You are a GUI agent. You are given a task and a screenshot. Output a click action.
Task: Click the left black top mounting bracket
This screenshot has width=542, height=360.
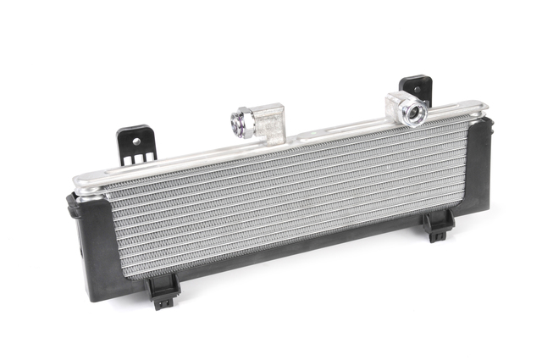(x=135, y=146)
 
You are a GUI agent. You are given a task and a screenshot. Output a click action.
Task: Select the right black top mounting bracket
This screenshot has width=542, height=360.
(x=416, y=91)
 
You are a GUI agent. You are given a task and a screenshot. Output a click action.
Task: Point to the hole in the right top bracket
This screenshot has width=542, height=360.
(x=416, y=86)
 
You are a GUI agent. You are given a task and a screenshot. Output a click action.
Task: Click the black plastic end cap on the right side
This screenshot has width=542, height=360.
(x=482, y=169)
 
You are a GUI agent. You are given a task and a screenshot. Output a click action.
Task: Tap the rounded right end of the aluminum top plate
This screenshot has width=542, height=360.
(x=483, y=108)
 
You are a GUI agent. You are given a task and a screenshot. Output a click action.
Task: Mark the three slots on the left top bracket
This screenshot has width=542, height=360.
(x=135, y=158)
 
